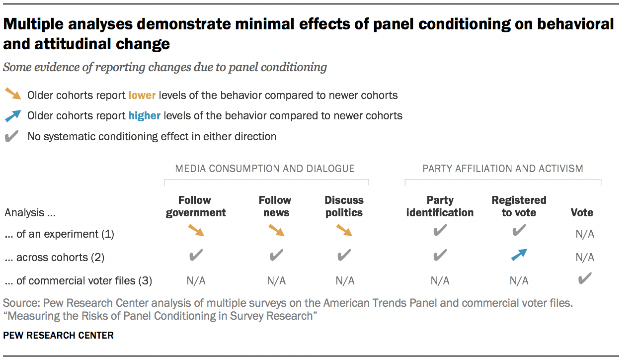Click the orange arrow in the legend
(x=12, y=94)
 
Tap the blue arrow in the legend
(x=12, y=115)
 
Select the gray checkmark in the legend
(x=12, y=136)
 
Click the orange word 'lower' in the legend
(x=142, y=95)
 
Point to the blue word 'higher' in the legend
(x=144, y=116)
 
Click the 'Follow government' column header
(x=195, y=206)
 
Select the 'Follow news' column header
(x=275, y=206)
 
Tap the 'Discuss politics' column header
(x=344, y=206)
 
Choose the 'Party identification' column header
(x=440, y=206)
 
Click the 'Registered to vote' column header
(x=519, y=206)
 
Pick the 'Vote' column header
(x=582, y=212)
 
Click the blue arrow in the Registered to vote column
(x=519, y=255)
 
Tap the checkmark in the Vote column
(x=585, y=278)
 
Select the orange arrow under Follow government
(x=196, y=230)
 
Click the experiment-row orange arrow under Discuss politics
(x=344, y=230)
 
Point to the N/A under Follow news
(x=276, y=281)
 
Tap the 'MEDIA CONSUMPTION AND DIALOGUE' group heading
(x=265, y=169)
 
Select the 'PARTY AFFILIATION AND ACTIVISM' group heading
(x=502, y=169)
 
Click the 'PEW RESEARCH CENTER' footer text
(x=58, y=336)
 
